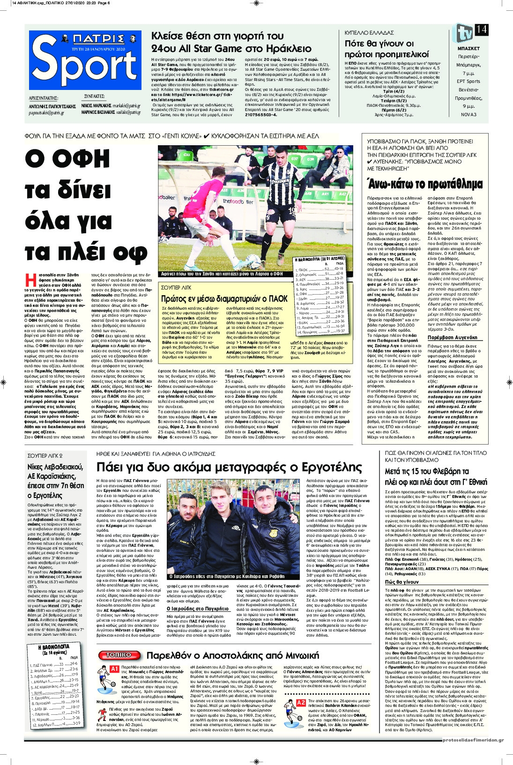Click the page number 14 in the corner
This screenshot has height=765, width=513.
point(482,30)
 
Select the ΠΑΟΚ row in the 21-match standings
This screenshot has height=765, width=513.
point(320,270)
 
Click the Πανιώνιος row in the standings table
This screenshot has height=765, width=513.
point(320,331)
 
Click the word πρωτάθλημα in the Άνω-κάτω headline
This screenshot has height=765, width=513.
point(449,183)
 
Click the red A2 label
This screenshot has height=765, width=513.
point(301,703)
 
